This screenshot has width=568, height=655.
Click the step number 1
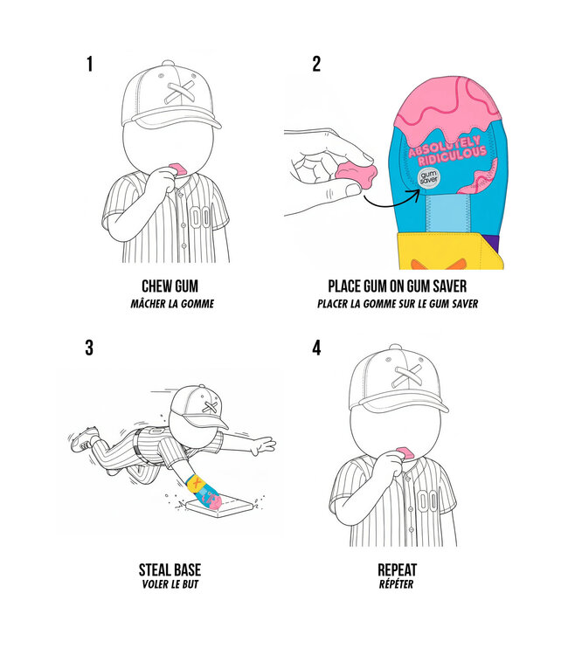89,64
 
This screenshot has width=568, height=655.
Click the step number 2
316,64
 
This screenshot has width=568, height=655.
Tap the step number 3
89,348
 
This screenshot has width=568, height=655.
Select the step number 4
316,348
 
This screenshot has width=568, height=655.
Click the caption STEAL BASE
170,570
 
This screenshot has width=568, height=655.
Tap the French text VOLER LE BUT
170,585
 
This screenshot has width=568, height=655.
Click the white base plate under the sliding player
225,507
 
